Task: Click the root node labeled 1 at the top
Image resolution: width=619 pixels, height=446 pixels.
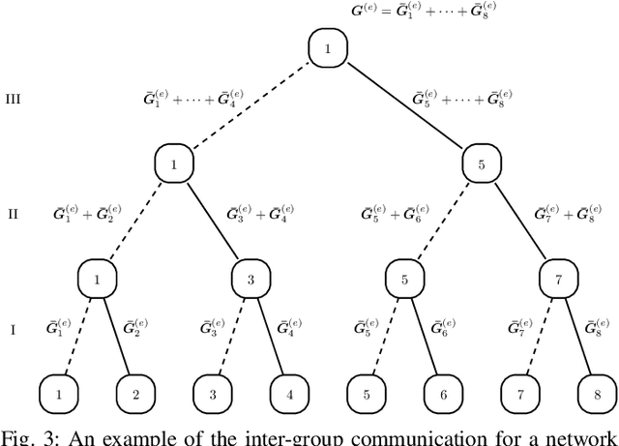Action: coord(328,49)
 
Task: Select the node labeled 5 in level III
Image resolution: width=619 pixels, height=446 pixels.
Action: coord(483,165)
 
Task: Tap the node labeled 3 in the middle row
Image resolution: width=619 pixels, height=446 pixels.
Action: coord(251,281)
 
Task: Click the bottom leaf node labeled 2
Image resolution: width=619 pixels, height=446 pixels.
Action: coord(135,395)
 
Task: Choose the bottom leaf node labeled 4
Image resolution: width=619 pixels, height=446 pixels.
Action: coord(290,395)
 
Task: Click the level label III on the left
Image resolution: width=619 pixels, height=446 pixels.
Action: coord(14,98)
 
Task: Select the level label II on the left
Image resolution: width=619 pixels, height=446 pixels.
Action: coord(14,214)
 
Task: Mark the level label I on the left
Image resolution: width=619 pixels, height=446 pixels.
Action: coord(13,330)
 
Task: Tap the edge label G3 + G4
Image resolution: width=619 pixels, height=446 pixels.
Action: coord(260,214)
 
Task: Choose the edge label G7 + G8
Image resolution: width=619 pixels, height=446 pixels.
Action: coord(567,214)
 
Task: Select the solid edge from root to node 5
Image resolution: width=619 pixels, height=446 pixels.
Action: coord(405,107)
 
